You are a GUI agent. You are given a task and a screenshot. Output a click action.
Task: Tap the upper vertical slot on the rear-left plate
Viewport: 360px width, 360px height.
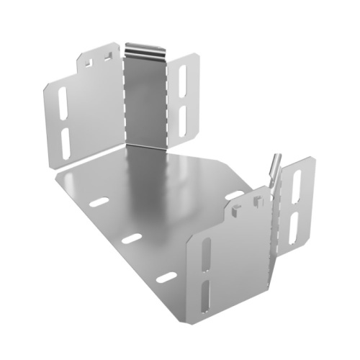(63, 104)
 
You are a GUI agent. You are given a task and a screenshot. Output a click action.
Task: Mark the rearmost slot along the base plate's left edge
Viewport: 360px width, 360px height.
(99, 202)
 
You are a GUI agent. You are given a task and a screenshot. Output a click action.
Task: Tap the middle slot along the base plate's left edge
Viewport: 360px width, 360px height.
(131, 238)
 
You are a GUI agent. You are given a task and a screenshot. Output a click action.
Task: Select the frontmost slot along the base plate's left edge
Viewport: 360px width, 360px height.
(166, 277)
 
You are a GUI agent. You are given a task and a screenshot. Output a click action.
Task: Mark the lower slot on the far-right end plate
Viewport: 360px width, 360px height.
(294, 227)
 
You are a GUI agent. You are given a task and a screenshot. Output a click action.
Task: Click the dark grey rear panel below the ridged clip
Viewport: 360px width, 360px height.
(143, 101)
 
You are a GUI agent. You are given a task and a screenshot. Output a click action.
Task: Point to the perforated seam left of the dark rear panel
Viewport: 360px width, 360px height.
(123, 101)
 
